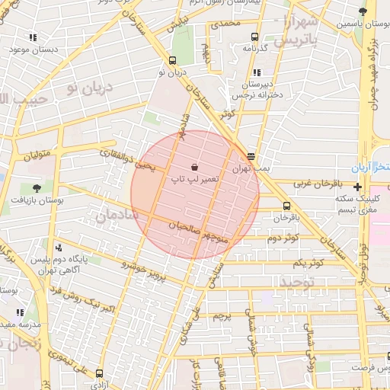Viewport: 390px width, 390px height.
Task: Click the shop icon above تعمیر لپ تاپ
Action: [x=195, y=165]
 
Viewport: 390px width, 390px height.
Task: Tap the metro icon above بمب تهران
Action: [x=251, y=156]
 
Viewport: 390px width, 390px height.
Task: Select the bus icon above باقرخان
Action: [x=286, y=206]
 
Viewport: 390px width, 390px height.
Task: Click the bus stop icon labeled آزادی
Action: [x=100, y=373]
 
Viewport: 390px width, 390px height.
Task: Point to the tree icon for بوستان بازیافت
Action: [x=37, y=187]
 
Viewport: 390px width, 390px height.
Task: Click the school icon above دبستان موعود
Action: [x=33, y=37]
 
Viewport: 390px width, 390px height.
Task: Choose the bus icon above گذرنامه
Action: [x=253, y=36]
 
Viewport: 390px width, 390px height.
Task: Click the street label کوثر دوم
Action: [x=283, y=239]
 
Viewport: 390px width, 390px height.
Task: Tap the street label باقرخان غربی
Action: [x=313, y=184]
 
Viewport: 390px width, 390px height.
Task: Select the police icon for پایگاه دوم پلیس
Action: [x=59, y=248]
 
